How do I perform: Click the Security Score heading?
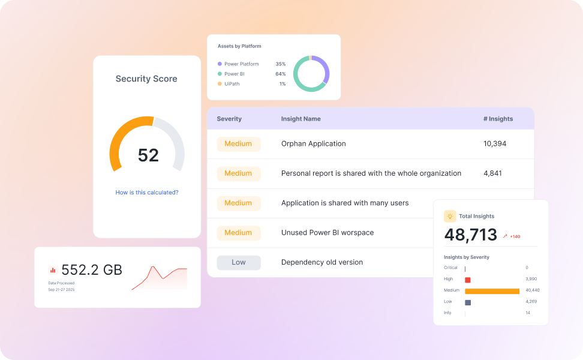(146, 79)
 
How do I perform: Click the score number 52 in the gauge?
(148, 155)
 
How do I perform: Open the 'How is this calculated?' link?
(147, 193)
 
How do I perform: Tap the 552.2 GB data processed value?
(92, 270)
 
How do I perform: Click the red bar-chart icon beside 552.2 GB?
(53, 271)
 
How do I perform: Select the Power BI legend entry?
(234, 74)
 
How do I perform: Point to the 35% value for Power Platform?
(280, 64)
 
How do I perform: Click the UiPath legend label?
(232, 84)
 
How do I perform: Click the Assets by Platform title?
(239, 46)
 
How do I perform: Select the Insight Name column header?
(300, 119)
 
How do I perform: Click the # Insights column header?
(498, 119)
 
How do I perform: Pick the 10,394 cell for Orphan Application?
(495, 144)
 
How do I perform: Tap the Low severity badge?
(239, 262)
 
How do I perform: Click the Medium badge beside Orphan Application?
(238, 144)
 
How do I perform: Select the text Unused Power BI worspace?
(327, 233)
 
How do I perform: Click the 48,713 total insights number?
(471, 235)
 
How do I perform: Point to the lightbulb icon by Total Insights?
(450, 216)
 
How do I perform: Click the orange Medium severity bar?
(492, 291)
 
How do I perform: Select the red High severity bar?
(468, 280)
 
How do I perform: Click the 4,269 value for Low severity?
(531, 301)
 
